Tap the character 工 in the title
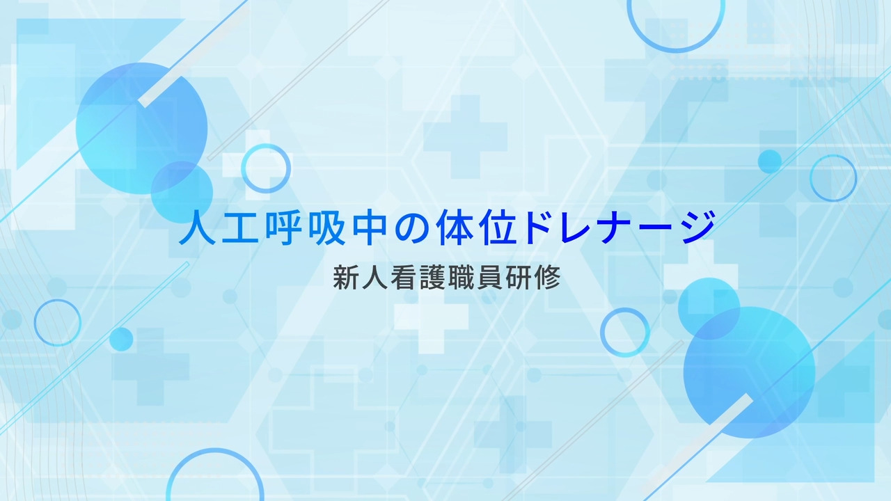[x=240, y=228]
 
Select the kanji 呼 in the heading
[x=283, y=228]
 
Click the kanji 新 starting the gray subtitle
[x=345, y=278]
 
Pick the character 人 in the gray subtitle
[x=374, y=278]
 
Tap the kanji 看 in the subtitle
[x=403, y=278]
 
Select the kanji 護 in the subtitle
[x=432, y=278]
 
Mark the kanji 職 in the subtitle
[x=461, y=278]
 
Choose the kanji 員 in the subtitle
[x=489, y=278]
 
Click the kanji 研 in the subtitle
[x=519, y=278]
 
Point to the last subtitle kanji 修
[x=547, y=278]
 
